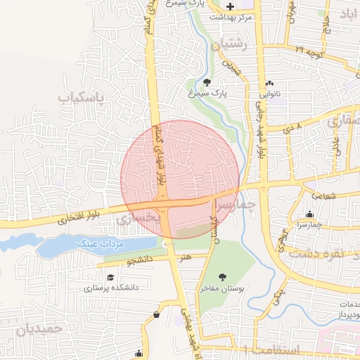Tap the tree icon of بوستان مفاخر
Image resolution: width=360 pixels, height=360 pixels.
223,277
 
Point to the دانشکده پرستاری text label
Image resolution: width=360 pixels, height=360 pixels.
111,288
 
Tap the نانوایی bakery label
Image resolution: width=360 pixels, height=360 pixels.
272,92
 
